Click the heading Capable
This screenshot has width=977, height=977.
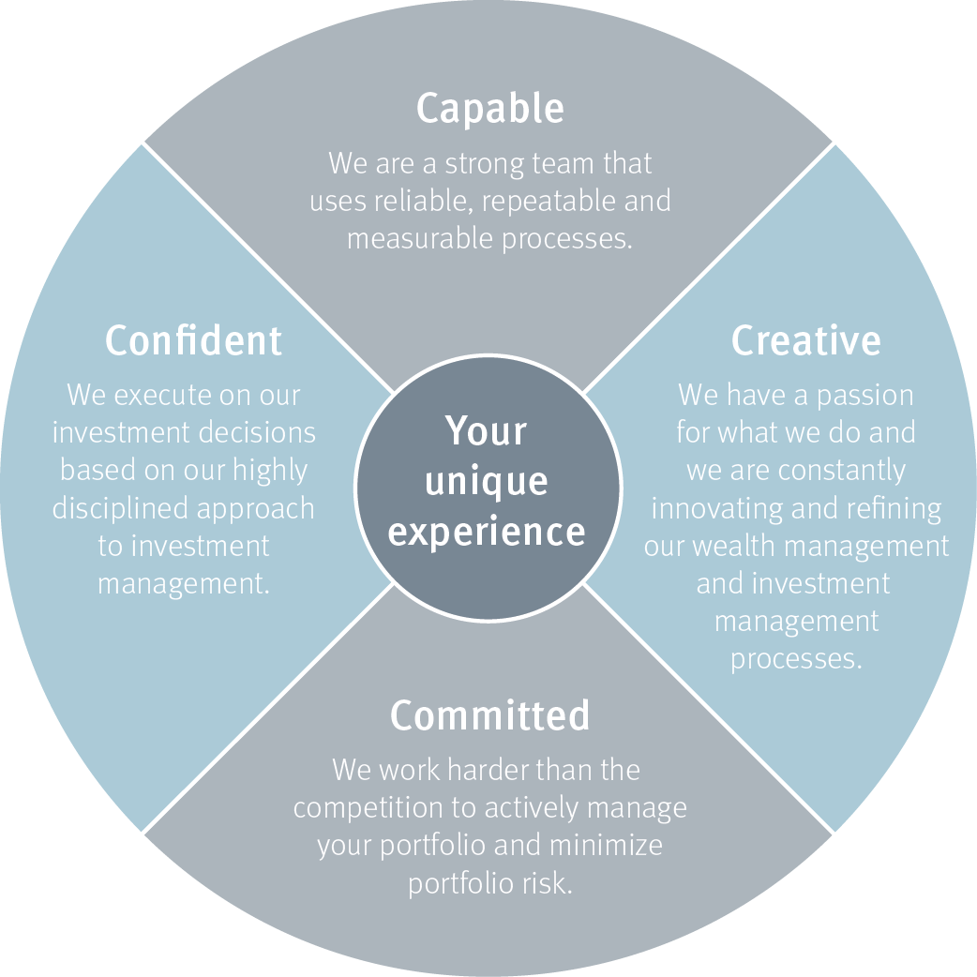coord(489,109)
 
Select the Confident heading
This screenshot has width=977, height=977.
coord(193,339)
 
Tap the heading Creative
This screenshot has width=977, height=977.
coord(805,340)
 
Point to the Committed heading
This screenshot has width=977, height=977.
coord(489,716)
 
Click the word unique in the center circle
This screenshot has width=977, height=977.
coord(487,482)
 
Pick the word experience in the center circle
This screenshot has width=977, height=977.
coord(487,531)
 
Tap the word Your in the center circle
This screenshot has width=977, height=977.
coord(487,431)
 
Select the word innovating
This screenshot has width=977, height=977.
coord(715,508)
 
